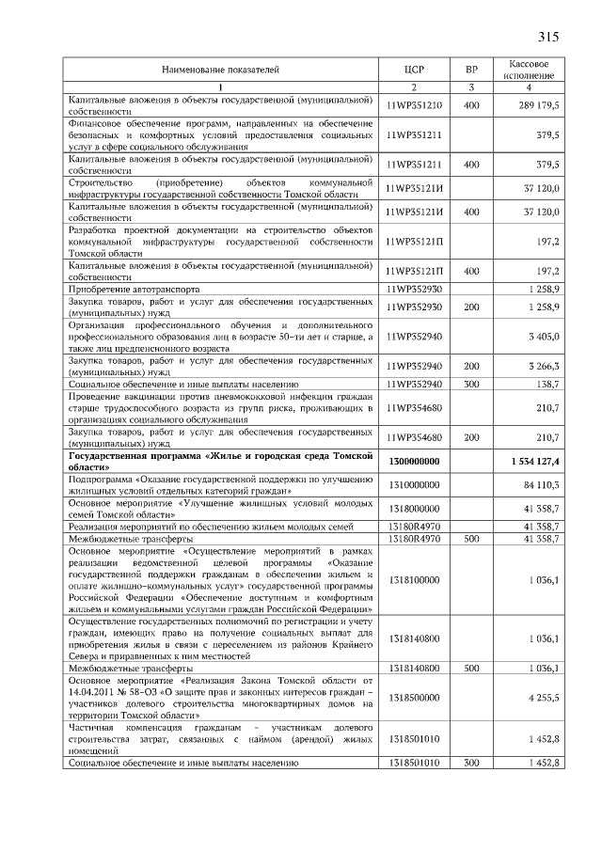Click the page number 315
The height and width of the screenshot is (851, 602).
(548, 38)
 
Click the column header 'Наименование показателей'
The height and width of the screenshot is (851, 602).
(220, 70)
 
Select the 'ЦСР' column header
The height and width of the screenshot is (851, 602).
(414, 70)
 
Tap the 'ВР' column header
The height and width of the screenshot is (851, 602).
(471, 70)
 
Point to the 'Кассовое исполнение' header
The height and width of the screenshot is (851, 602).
(529, 69)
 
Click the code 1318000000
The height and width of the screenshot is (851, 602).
(414, 509)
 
